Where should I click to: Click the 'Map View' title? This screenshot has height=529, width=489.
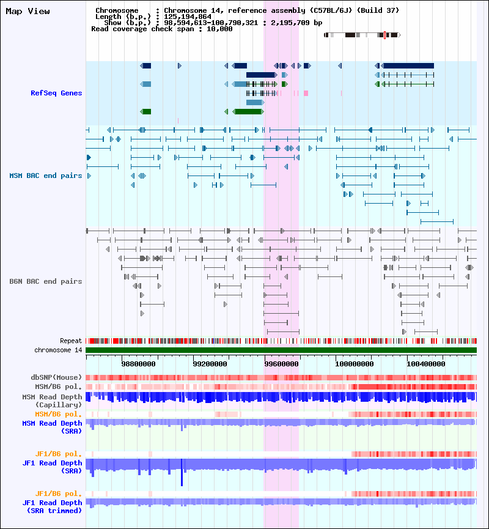(28, 11)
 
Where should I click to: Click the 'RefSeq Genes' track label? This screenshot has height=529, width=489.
(56, 93)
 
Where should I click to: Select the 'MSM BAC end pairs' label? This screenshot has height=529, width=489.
(45, 176)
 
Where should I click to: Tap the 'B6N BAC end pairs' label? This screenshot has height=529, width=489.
(45, 281)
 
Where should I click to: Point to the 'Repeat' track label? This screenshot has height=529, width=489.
(71, 341)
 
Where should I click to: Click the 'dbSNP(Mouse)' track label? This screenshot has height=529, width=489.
(56, 377)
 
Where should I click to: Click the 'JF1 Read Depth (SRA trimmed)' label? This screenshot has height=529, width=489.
(52, 506)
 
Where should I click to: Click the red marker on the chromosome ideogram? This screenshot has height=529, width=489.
(384, 35)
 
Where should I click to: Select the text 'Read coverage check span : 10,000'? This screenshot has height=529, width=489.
(161, 29)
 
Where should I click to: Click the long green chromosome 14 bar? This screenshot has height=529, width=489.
(281, 350)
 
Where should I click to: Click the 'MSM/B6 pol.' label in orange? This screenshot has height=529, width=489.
(59, 414)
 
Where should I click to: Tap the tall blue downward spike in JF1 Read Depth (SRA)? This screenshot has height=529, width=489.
(182, 477)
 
